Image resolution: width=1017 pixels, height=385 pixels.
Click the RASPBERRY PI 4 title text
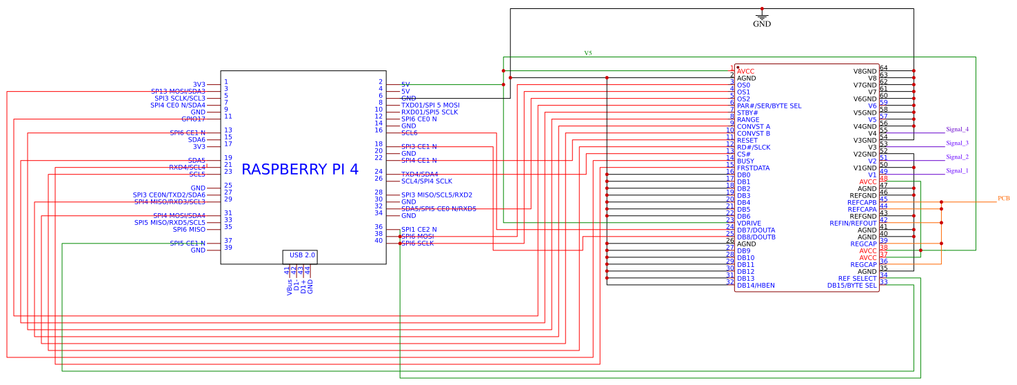point(300,169)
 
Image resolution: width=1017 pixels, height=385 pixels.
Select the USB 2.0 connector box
point(300,256)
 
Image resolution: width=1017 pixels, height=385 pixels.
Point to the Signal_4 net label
point(957,130)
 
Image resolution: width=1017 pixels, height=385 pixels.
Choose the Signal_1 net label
point(957,171)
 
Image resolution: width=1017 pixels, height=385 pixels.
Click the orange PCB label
point(1003,199)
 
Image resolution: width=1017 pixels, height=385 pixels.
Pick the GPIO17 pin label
point(193,119)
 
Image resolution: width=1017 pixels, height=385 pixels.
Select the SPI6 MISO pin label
point(189,229)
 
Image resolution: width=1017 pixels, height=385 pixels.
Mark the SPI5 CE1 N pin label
point(188,243)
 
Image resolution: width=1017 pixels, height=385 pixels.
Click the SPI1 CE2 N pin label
point(419,229)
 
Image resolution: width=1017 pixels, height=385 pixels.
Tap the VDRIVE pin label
point(750,224)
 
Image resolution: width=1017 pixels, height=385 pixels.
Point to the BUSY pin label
point(745,161)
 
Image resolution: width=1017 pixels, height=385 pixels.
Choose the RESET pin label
point(747,141)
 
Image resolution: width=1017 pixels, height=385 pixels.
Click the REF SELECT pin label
point(857,279)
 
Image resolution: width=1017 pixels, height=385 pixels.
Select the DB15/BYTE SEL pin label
point(852,286)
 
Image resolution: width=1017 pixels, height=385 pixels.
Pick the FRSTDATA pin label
point(753,168)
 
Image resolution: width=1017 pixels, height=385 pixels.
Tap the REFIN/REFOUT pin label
point(853,224)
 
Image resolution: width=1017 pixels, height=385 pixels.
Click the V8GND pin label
point(865,71)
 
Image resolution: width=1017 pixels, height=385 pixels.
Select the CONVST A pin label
point(754,127)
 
